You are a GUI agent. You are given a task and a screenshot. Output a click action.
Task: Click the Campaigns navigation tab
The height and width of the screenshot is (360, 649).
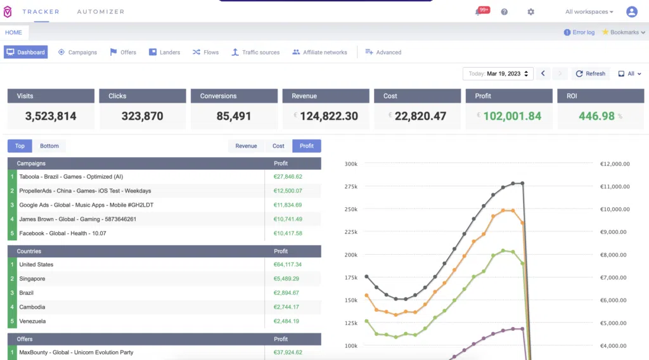[77, 52]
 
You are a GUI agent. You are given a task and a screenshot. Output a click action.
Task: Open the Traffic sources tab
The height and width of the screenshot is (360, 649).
[255, 52]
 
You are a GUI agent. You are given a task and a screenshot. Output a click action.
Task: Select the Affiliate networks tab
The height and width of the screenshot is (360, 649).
[319, 52]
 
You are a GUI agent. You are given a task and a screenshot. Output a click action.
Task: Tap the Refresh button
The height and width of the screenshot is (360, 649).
[590, 74]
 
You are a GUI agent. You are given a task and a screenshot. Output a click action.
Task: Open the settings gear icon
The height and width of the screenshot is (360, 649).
[530, 12]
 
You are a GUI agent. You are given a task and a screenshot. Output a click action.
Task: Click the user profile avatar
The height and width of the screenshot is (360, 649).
[632, 11]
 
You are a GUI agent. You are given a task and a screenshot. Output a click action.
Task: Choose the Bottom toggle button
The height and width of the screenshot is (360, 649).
[49, 146]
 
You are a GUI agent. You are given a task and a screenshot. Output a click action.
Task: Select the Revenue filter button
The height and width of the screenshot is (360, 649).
[246, 146]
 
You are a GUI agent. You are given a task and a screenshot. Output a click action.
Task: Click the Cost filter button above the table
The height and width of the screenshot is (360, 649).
[278, 146]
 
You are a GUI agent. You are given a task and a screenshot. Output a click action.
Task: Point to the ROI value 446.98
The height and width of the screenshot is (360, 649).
[596, 116]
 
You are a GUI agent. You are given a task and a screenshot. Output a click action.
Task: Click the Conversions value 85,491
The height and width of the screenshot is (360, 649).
[234, 116]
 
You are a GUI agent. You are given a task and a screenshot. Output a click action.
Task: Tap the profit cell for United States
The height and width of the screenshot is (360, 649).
[287, 264]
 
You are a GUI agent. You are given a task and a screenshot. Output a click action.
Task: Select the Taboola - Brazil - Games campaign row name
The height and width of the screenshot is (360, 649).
[71, 177]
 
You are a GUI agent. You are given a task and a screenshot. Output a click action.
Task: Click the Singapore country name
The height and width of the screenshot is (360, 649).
[32, 279]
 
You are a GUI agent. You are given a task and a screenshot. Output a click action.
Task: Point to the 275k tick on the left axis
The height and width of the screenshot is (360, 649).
[351, 186]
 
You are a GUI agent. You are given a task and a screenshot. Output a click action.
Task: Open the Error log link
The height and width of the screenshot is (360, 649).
[579, 32]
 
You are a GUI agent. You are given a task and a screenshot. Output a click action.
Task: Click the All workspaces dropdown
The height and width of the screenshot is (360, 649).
[589, 11]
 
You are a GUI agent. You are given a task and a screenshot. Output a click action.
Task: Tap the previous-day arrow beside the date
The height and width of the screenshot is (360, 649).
[543, 74]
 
